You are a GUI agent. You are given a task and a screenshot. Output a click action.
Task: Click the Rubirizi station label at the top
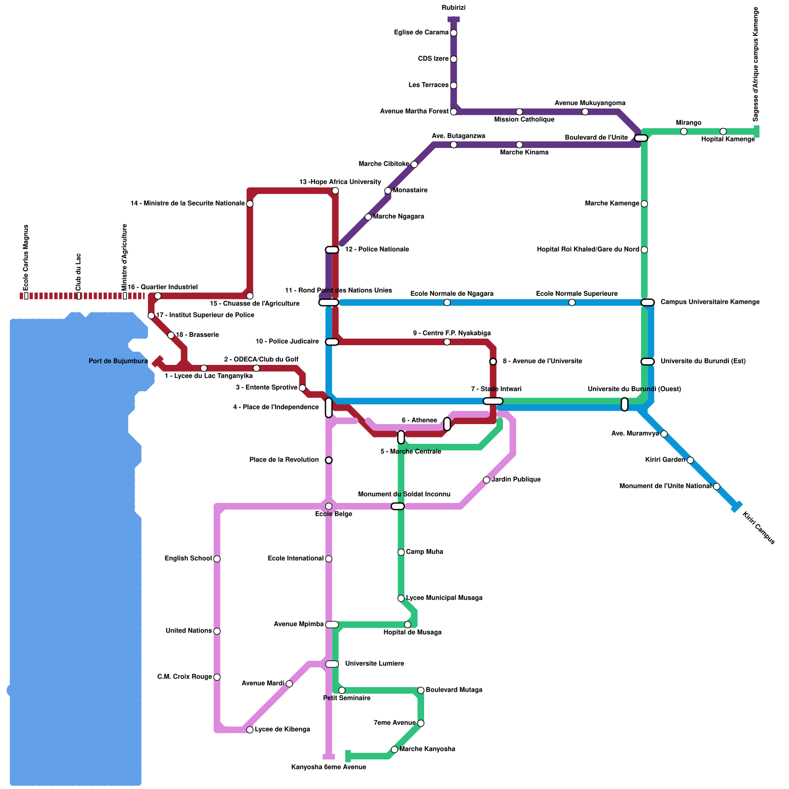pyautogui.click(x=453, y=8)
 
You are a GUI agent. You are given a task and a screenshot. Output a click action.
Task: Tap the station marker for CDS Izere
pyautogui.click(x=454, y=59)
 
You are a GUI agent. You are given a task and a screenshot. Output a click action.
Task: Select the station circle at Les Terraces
pyautogui.click(x=454, y=85)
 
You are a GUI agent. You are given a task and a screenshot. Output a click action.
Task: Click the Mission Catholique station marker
pyautogui.click(x=519, y=112)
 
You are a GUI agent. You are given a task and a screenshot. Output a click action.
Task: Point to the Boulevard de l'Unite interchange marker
pyautogui.click(x=641, y=138)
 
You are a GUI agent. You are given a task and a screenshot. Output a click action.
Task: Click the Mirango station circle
pyautogui.click(x=683, y=131)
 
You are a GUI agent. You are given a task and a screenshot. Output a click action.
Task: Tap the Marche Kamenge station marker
pyautogui.click(x=644, y=204)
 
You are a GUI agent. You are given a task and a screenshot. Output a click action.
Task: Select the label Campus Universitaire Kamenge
pyautogui.click(x=710, y=302)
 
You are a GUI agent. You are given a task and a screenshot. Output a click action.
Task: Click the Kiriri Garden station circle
pyautogui.click(x=690, y=460)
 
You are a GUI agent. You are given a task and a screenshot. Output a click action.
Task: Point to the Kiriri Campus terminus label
pyautogui.click(x=758, y=528)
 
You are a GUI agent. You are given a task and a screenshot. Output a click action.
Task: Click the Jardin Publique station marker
pyautogui.click(x=486, y=480)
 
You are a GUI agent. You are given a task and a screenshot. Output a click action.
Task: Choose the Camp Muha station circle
pyautogui.click(x=401, y=552)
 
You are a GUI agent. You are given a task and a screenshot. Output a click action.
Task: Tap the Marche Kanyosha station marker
pyautogui.click(x=394, y=750)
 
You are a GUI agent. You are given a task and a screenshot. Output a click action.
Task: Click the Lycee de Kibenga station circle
pyautogui.click(x=250, y=730)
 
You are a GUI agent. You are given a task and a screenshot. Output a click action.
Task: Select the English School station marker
pyautogui.click(x=217, y=559)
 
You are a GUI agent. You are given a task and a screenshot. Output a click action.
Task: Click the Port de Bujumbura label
pyautogui.click(x=118, y=361)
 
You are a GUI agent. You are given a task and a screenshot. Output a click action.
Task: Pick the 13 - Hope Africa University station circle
pyautogui.click(x=335, y=191)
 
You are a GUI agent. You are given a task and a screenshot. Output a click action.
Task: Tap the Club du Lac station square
pyautogui.click(x=79, y=296)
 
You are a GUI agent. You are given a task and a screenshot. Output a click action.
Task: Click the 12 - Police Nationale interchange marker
pyautogui.click(x=332, y=250)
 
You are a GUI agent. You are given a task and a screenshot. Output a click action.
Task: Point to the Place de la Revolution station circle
pyautogui.click(x=329, y=460)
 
